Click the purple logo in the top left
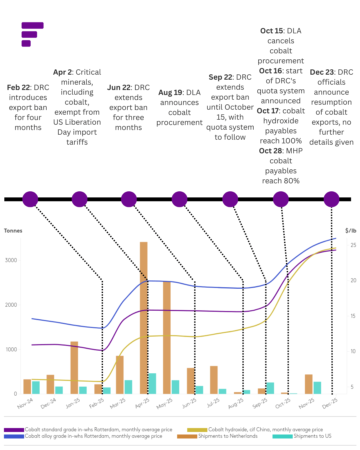[32, 34]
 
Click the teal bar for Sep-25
[270, 388]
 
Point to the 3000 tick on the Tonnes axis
[11, 260]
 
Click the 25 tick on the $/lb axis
[353, 245]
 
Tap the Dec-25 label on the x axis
[330, 403]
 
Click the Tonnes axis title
[13, 231]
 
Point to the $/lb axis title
[351, 231]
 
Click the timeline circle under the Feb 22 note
[30, 199]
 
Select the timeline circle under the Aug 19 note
[180, 199]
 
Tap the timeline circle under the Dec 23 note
[331, 199]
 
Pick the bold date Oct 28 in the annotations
[271, 151]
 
